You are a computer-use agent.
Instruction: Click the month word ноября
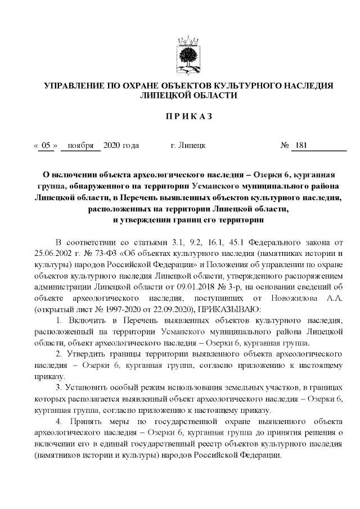[x=80, y=146]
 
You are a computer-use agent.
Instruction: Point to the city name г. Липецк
[x=187, y=146]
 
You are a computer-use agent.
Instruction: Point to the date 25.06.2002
[x=54, y=255]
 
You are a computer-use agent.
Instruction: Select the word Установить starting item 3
[x=91, y=388]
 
